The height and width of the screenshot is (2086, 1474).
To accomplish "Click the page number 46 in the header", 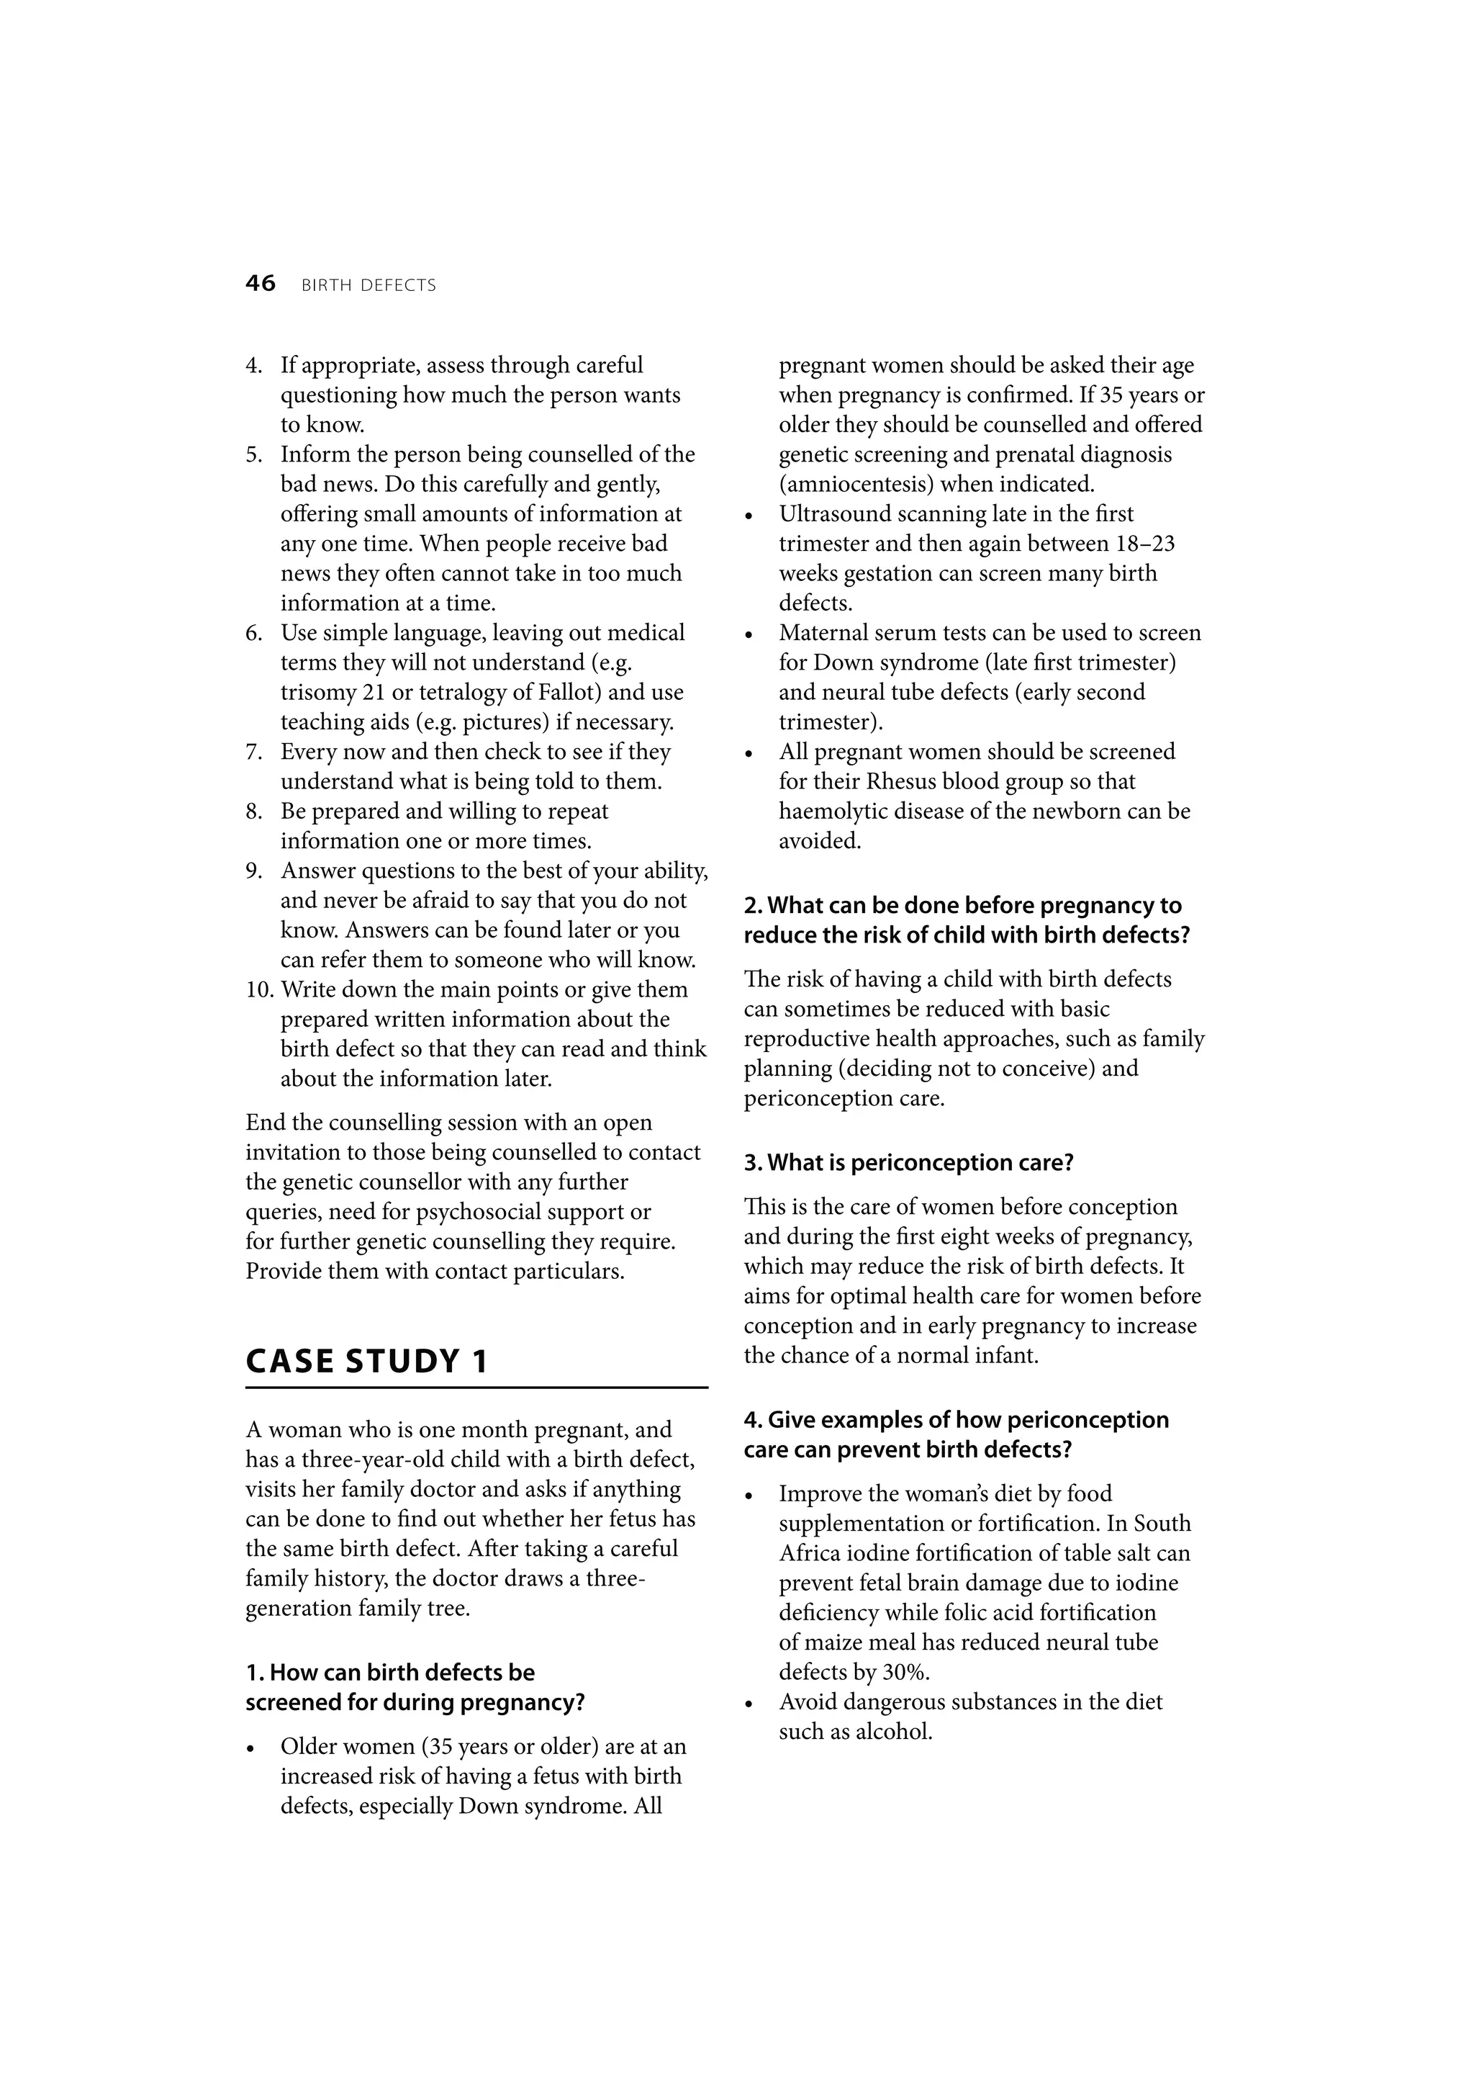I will (x=260, y=284).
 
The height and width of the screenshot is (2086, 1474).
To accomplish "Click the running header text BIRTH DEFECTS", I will (x=368, y=285).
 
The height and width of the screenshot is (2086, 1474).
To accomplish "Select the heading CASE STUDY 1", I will (x=367, y=1361).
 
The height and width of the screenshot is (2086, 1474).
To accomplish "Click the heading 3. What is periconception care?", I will (x=908, y=1163).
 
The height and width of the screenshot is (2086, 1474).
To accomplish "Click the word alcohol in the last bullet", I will (x=894, y=1732).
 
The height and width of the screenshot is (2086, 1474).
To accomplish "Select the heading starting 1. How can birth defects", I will (x=391, y=1673).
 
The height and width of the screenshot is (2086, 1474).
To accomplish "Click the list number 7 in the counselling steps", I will (x=253, y=752).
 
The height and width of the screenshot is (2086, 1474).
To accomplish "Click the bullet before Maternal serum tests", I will (x=749, y=634).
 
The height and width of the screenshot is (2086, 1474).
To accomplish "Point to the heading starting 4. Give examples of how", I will (x=955, y=1419).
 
